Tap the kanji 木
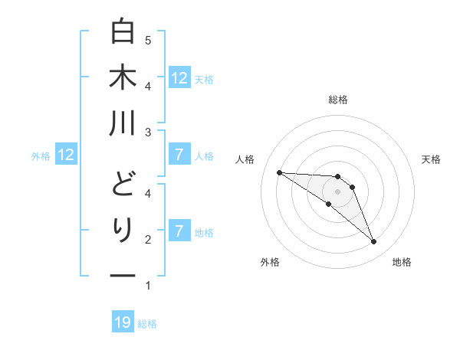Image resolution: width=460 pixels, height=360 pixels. pos(123,77)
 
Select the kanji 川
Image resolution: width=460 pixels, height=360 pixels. pos(123,123)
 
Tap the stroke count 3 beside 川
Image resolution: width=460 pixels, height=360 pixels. pos(148,133)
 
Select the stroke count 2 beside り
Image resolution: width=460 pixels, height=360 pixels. pos(148,240)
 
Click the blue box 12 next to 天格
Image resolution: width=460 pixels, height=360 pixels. pos(179,77)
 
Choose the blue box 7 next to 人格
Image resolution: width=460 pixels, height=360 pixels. pos(179,155)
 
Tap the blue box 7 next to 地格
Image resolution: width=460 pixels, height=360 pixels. pos(179,231)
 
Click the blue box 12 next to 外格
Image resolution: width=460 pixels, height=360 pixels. pos(66,155)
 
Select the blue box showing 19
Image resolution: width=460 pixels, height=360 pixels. pos(123,322)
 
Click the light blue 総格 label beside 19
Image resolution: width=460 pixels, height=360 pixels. pos(147,324)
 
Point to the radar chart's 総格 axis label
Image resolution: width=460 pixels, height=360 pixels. pos(337,100)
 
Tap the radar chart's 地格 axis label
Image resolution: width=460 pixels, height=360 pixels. pos(402,262)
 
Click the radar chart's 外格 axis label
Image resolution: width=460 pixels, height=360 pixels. pos(270,262)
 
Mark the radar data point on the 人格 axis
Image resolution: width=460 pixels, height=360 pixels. pos(279,172)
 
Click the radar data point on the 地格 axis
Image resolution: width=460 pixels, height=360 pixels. pos(374,242)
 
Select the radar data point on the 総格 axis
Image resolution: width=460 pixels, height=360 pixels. pos(337,177)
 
